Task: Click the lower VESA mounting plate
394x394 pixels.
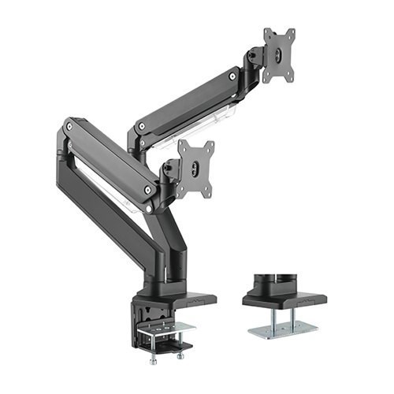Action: tap(195, 169)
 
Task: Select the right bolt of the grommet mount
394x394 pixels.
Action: tap(293, 319)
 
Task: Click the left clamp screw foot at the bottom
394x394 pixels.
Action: tap(153, 359)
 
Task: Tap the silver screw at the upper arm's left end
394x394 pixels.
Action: tap(141, 126)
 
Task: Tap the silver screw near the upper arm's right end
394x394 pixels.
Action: tap(232, 76)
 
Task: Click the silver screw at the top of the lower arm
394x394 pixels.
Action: tap(70, 126)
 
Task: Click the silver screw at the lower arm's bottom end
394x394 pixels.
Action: tap(147, 189)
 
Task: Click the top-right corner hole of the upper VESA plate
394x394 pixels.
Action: tap(292, 34)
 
